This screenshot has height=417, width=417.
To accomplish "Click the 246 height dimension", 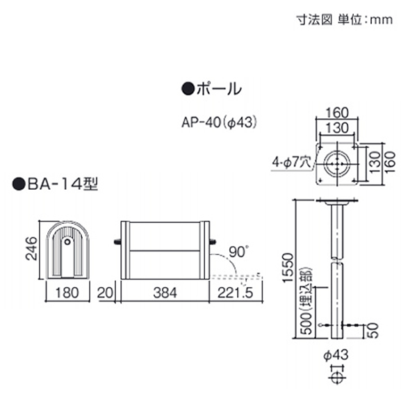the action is point(31,248).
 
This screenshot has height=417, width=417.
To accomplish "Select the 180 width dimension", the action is point(67,293).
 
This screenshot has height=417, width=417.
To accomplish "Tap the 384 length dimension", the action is point(165,293).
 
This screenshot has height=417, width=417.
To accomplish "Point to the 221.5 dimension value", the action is point(236,293).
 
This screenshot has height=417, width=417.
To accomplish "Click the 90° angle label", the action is point(238,252).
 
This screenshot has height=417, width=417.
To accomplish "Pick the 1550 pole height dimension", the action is point(288,268).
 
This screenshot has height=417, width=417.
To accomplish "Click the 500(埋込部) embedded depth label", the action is point(306,300).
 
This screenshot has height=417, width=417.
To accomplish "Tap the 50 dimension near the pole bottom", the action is point(373,331).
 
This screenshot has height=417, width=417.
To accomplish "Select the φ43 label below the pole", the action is point(336,354).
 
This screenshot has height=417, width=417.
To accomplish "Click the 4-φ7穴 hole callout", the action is point(291,162).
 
